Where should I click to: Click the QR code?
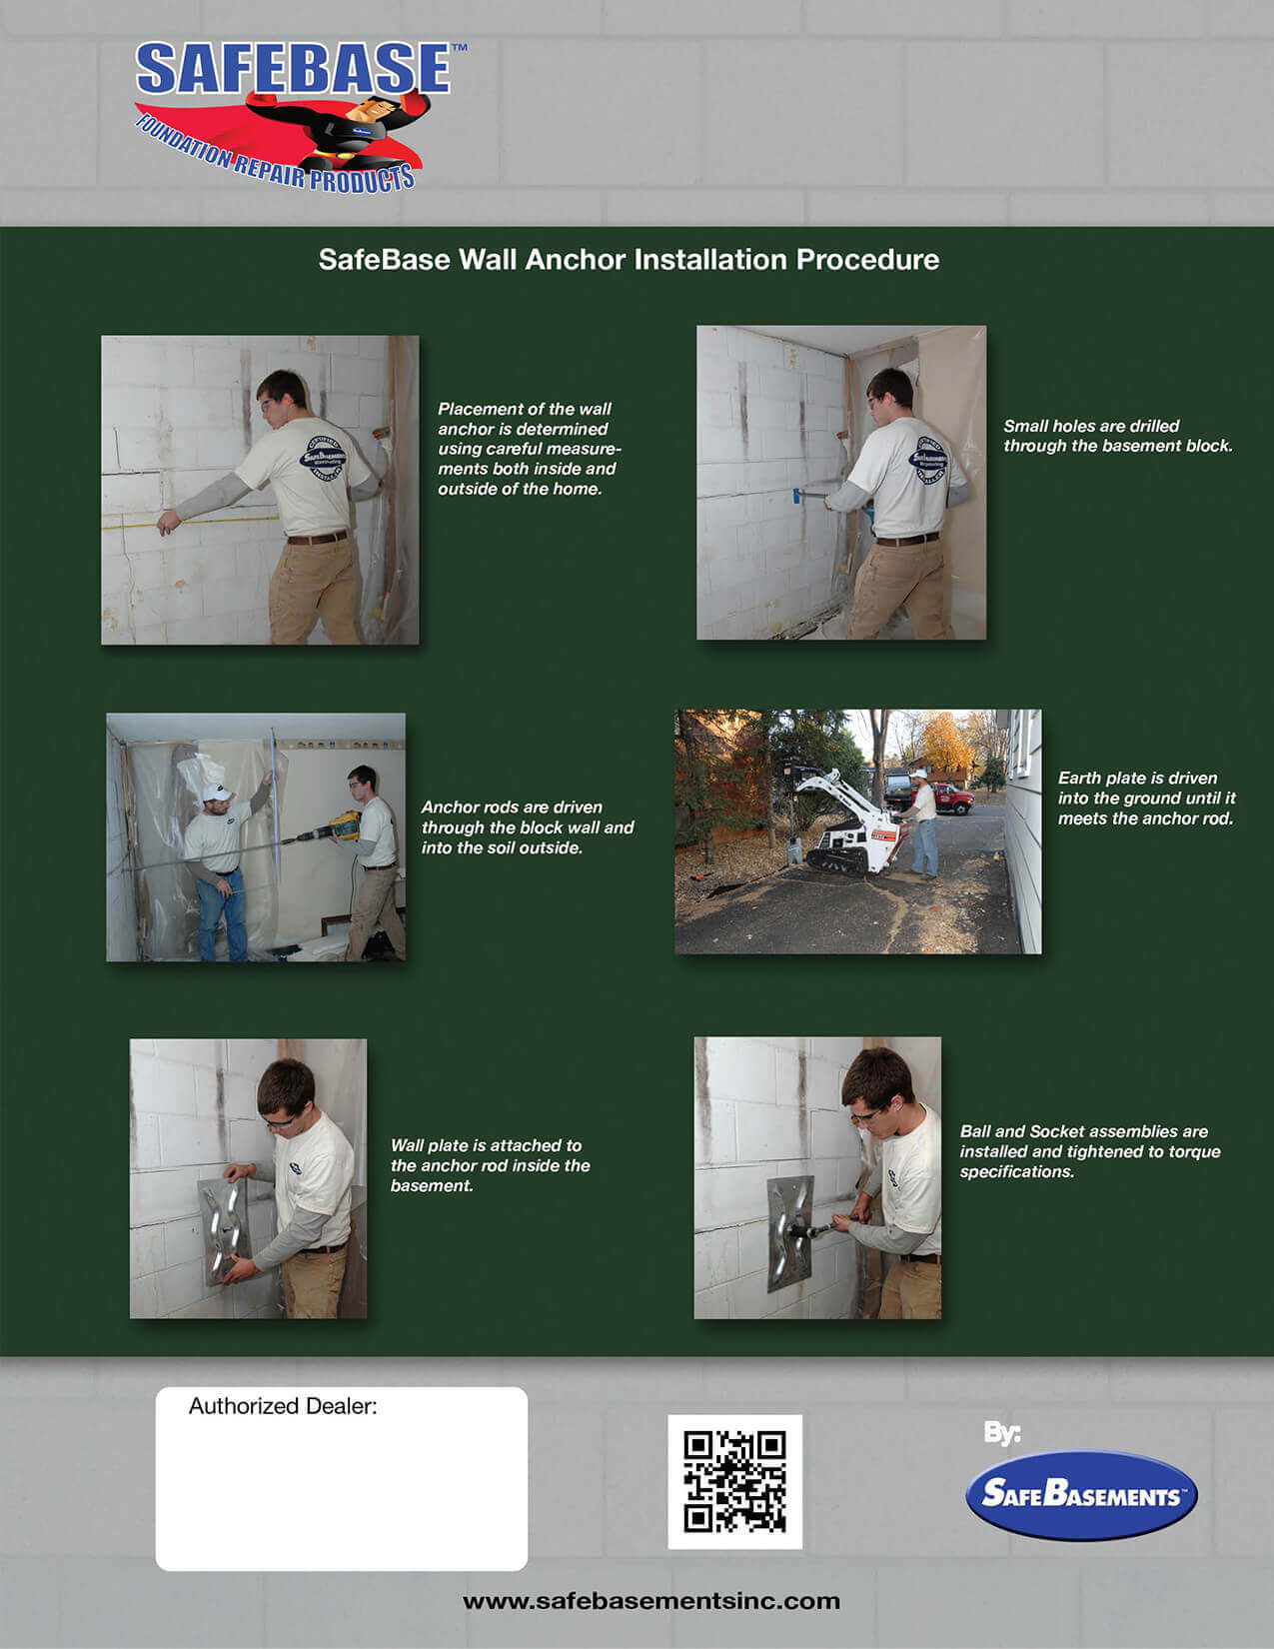pyautogui.click(x=734, y=1481)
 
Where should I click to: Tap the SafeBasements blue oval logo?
pyautogui.click(x=1081, y=1495)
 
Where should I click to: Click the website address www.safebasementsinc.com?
pyautogui.click(x=651, y=1601)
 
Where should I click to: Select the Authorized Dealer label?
pyautogui.click(x=282, y=1406)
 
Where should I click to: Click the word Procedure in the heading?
pyautogui.click(x=867, y=260)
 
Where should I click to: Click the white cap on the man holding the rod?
pyautogui.click(x=216, y=793)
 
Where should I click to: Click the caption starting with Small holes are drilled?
pyautogui.click(x=1118, y=436)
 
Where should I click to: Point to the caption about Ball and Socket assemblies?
pyautogui.click(x=1089, y=1151)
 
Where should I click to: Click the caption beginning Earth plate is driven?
pyautogui.click(x=1146, y=798)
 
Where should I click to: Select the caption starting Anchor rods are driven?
pyautogui.click(x=528, y=827)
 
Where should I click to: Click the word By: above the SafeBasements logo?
pyautogui.click(x=1001, y=1433)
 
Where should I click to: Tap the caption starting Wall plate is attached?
pyautogui.click(x=490, y=1165)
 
